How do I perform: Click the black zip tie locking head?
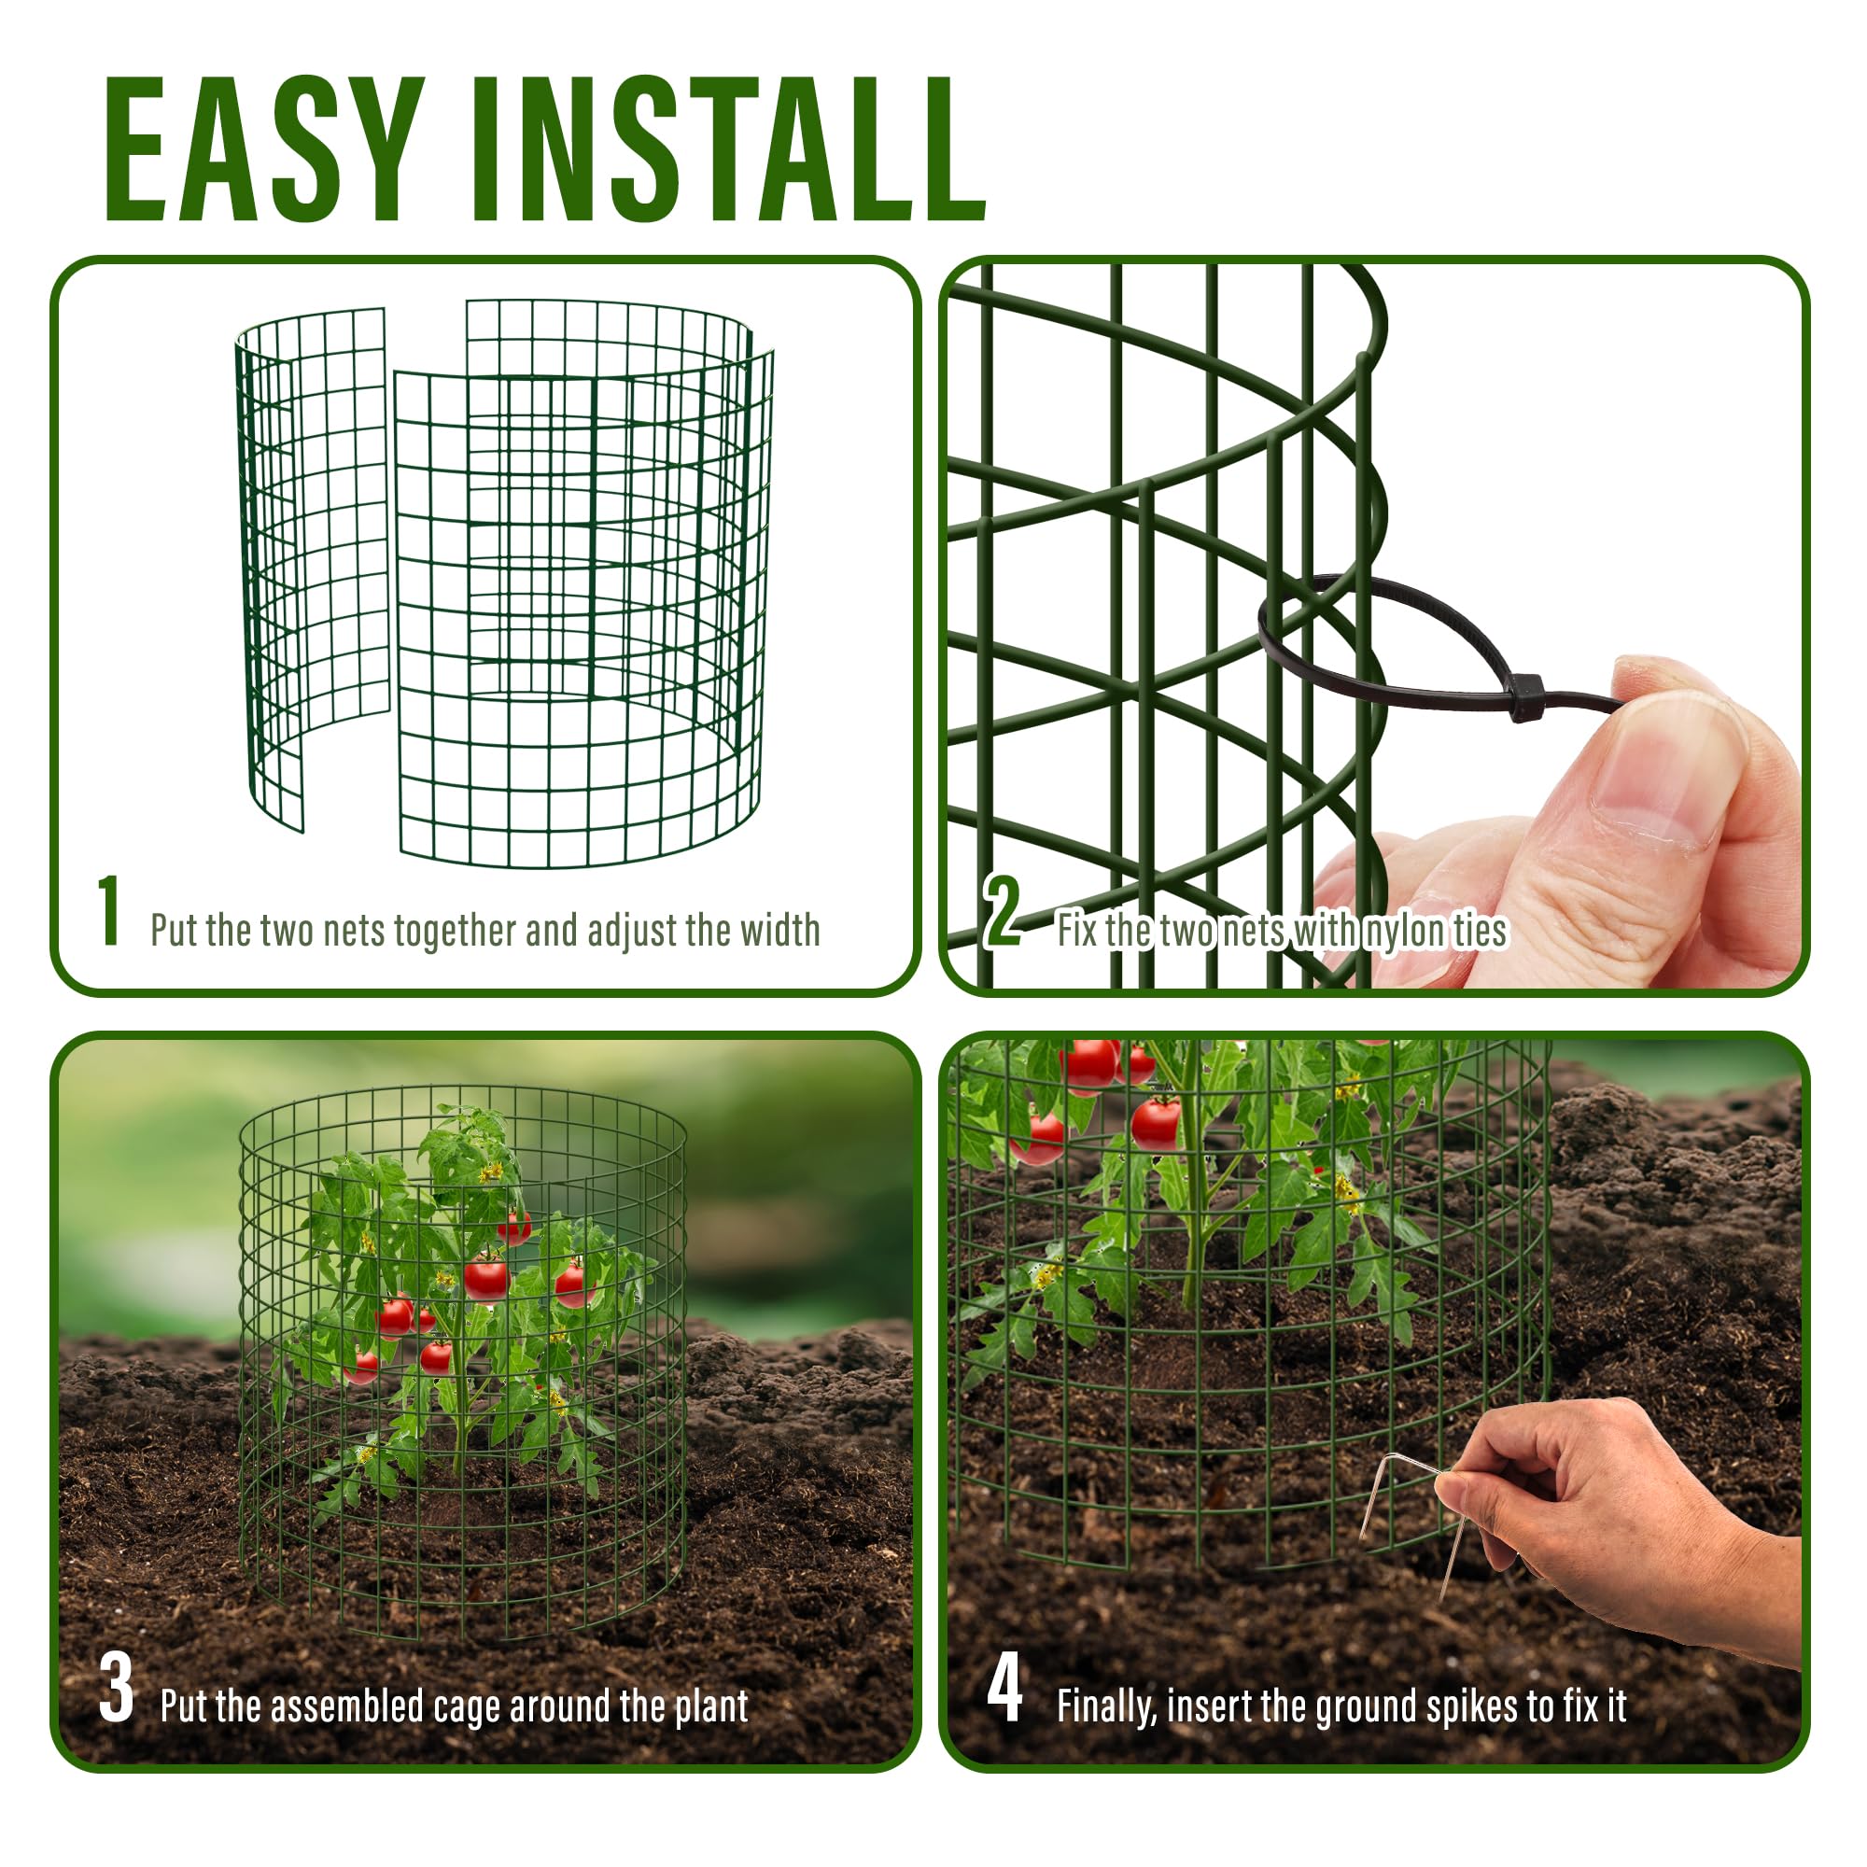[1525, 696]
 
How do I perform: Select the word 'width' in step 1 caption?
[779, 930]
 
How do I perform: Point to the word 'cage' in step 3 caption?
[467, 1707]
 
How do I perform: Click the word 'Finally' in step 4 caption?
[1107, 1706]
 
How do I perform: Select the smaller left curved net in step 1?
[312, 570]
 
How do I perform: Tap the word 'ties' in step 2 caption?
[1481, 931]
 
